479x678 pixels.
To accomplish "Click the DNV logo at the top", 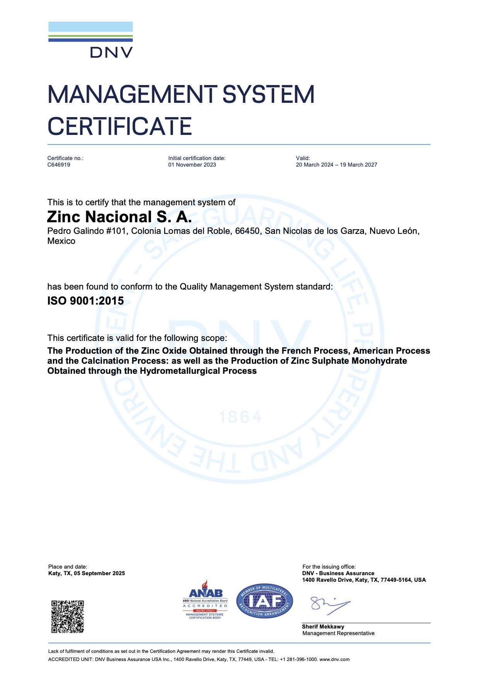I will [x=90, y=40].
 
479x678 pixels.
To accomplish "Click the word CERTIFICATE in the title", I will [x=120, y=127].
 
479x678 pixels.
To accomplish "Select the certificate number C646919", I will [x=59, y=165].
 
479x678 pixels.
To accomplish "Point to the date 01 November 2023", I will [x=192, y=165].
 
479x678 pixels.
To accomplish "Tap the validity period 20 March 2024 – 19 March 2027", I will [x=336, y=165].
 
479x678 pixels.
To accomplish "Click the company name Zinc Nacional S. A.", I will [x=119, y=217].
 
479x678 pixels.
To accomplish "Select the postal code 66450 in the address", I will [x=247, y=231].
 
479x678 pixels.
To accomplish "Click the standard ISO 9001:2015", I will [x=85, y=301].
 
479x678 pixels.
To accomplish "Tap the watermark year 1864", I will [x=240, y=417].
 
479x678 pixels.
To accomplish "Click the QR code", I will [x=68, y=617].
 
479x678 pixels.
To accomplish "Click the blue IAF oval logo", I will [x=265, y=601].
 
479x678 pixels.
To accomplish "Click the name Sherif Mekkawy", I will [x=323, y=627].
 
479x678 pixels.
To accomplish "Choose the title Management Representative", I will [x=338, y=633].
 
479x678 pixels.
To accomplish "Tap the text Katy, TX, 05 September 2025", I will [x=87, y=573].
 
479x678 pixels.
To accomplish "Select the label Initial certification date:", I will [x=197, y=158].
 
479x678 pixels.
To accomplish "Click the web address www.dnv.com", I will [x=335, y=659].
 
